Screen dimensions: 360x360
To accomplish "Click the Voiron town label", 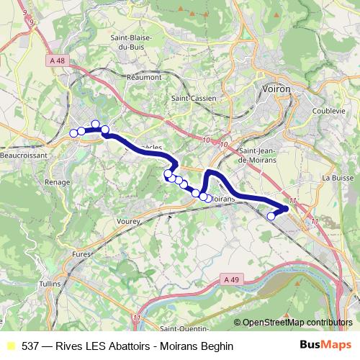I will [x=273, y=87].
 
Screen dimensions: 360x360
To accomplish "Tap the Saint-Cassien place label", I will [x=189, y=99].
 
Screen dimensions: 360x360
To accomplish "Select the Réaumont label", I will [x=144, y=76].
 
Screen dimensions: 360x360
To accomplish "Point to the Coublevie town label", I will [x=328, y=111].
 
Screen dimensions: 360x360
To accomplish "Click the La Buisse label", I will [x=336, y=177].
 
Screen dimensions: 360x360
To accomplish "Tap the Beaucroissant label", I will [x=24, y=155].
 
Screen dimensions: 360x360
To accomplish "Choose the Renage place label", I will [x=57, y=182].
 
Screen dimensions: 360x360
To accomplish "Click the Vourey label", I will [x=127, y=223].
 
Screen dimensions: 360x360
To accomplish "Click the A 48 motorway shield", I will [x=58, y=61].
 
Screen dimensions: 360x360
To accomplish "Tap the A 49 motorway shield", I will [x=231, y=279].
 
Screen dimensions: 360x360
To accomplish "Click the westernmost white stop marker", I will [x=73, y=133].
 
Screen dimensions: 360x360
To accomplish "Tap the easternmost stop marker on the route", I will [x=271, y=215].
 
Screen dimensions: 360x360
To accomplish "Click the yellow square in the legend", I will [x=10, y=346].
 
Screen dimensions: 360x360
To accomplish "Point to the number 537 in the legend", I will [x=31, y=346].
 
